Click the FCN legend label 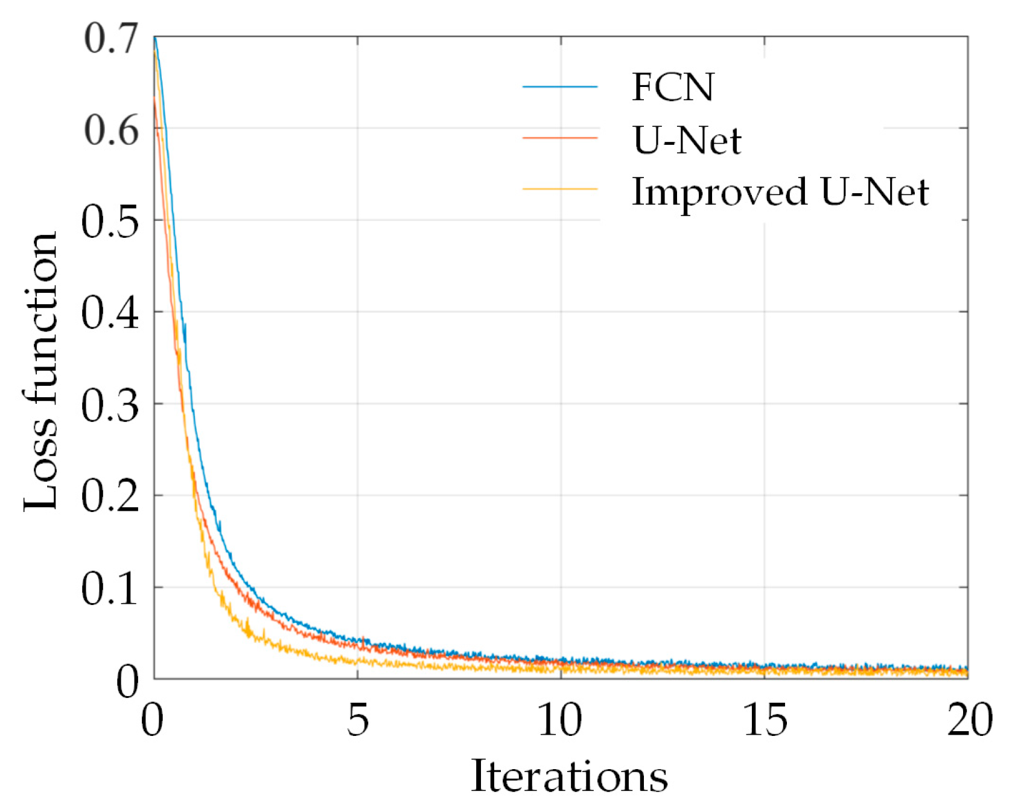(672, 87)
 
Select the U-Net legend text (687, 140)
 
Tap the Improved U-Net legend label (780, 192)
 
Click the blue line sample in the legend (559, 87)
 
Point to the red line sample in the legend (559, 138)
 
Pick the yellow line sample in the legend (559, 189)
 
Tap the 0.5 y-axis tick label (110, 222)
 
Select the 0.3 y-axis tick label (110, 405)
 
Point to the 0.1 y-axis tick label (110, 589)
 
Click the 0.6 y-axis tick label (112, 130)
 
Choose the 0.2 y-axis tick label (110, 497)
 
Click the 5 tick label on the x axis (357, 720)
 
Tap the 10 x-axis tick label (560, 720)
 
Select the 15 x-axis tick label (765, 720)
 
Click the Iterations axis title (569, 776)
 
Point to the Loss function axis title (41, 371)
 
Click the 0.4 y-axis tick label (110, 313)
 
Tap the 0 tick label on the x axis (152, 720)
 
